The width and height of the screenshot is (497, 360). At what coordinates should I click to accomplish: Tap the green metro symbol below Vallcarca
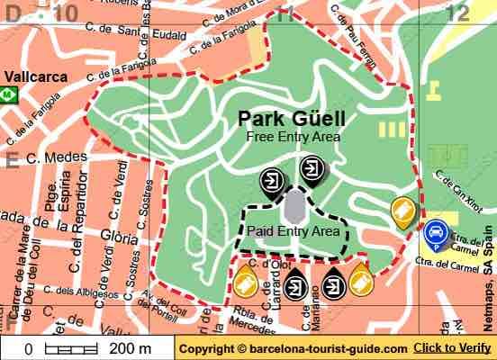(x=6, y=94)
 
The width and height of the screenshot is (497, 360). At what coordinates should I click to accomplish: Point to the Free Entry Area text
(x=294, y=137)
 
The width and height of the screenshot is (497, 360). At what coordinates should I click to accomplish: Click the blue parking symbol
(x=436, y=233)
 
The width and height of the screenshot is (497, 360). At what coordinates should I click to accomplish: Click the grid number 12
(x=457, y=12)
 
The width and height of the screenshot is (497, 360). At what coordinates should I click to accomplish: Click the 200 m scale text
(x=129, y=348)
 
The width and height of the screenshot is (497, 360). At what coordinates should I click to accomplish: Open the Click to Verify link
(x=452, y=348)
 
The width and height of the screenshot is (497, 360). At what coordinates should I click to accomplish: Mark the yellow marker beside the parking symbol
(x=403, y=212)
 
